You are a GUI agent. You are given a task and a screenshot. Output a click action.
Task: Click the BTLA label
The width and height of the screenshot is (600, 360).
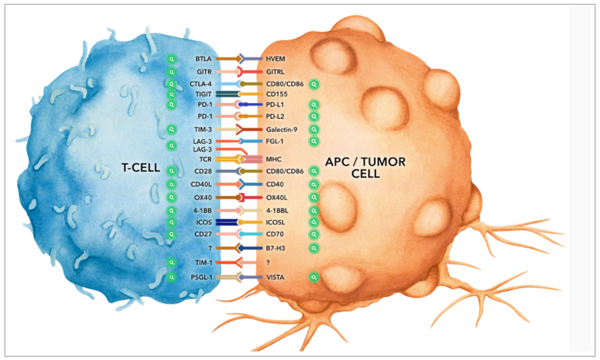click(204, 59)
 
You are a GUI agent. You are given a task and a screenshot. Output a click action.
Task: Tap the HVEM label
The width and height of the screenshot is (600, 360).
click(275, 59)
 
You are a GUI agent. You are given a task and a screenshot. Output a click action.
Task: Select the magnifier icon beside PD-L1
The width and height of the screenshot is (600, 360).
click(314, 105)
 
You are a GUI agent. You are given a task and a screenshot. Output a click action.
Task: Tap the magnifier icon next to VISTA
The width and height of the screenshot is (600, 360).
click(314, 277)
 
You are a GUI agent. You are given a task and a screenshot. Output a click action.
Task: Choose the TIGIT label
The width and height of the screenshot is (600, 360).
click(204, 94)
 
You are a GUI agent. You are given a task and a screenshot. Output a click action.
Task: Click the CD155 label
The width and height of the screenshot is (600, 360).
click(277, 94)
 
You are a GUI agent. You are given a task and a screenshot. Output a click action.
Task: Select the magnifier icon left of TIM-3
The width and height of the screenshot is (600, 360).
click(172, 130)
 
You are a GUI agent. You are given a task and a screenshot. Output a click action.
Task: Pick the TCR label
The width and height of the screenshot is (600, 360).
click(206, 159)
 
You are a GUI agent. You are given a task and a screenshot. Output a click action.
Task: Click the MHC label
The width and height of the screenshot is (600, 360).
click(273, 159)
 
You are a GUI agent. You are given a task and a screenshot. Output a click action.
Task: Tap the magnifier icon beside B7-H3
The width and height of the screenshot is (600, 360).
click(314, 248)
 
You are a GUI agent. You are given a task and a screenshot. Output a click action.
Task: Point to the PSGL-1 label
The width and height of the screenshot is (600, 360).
click(202, 277)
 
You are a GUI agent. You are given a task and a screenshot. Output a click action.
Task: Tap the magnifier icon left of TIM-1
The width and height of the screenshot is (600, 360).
click(172, 263)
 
